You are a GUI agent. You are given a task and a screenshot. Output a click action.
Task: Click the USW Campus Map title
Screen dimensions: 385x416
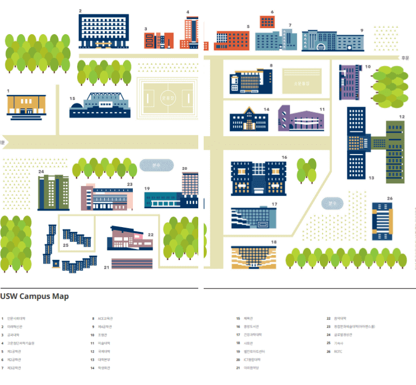[35, 296]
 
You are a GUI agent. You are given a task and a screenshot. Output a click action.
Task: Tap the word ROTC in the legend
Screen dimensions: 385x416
[339, 351]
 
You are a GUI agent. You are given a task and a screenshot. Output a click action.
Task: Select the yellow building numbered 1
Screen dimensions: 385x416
[26, 105]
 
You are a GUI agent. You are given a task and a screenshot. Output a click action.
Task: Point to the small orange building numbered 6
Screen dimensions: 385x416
[267, 22]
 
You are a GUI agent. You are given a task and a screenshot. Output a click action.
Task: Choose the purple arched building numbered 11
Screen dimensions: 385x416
[301, 119]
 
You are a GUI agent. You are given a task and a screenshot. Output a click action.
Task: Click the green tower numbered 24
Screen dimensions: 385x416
[53, 193]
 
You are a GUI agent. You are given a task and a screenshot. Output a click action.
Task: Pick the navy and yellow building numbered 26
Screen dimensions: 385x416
[383, 220]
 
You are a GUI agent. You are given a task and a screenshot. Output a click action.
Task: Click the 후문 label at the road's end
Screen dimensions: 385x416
[406, 57]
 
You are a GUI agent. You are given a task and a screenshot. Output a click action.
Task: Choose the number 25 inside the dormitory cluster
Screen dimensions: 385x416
[65, 245]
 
